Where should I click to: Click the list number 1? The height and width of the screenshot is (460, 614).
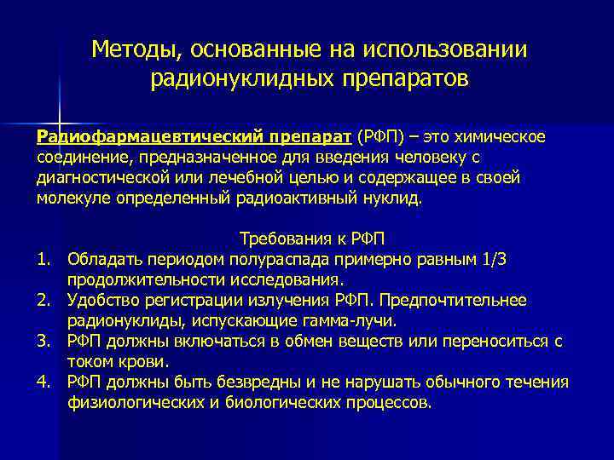(43, 258)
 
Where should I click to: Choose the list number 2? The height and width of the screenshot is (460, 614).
(43, 300)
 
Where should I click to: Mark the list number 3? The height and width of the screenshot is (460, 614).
(43, 341)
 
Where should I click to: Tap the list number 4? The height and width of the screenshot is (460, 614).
(43, 382)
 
